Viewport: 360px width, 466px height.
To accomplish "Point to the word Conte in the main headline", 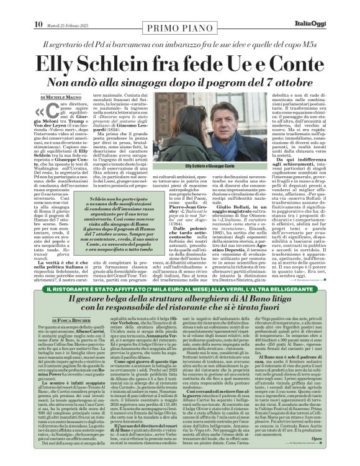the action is pos(288,64).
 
